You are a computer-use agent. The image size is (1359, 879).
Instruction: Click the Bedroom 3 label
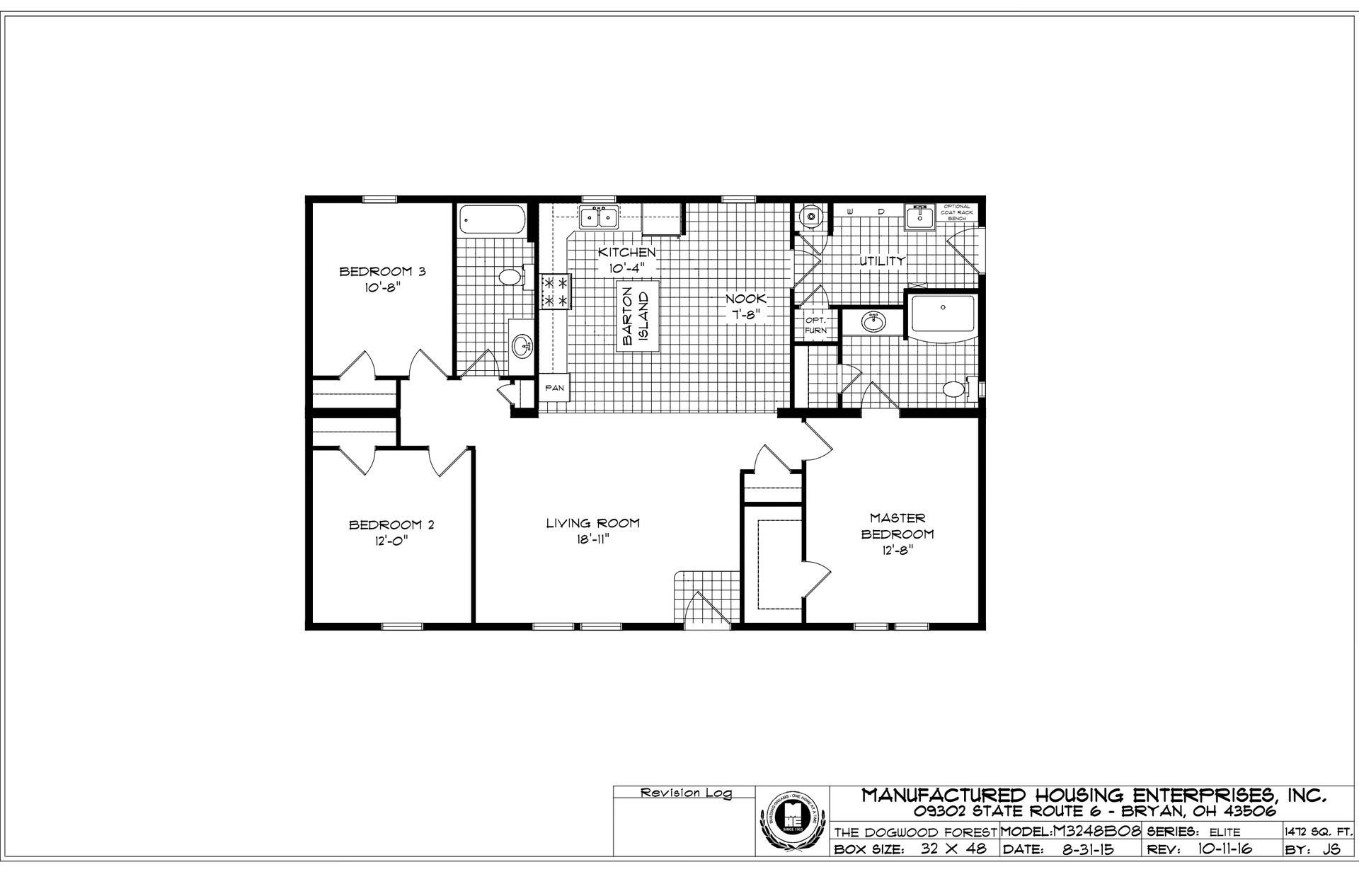coord(382,271)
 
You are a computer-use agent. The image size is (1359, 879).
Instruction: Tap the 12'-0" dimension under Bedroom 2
coord(391,540)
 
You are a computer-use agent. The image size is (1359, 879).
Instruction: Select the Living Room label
coord(592,523)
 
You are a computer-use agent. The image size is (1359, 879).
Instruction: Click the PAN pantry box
coord(554,388)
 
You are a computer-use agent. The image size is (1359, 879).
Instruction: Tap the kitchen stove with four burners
coord(556,292)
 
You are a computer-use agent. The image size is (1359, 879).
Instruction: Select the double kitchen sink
coord(599,217)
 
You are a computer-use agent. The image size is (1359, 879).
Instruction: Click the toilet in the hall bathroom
coord(510,277)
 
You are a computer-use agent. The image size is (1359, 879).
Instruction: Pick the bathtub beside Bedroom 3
coord(491,221)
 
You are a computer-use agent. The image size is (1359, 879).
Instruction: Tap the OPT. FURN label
coord(815,325)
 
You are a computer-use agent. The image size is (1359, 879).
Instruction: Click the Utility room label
coord(882,260)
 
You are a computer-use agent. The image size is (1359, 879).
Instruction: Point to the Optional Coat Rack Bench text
coord(956,212)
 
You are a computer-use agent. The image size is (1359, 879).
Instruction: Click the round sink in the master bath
coord(873,323)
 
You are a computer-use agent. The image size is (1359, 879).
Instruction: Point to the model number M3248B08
coord(1095,832)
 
